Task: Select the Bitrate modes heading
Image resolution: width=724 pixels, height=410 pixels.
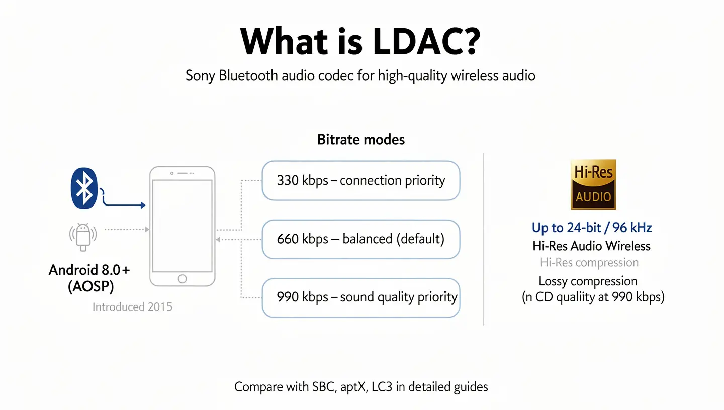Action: point(361,139)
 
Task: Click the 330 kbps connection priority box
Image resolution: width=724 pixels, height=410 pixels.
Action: point(361,181)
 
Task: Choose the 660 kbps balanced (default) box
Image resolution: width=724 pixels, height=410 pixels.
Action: point(361,239)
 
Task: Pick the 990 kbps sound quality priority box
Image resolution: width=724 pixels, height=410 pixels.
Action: point(361,297)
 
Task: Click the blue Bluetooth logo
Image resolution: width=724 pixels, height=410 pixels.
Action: point(83,188)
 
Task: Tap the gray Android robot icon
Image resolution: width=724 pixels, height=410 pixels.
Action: point(83,236)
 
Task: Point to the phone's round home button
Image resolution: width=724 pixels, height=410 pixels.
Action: point(183,279)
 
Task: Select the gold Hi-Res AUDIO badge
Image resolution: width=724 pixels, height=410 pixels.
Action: point(593,184)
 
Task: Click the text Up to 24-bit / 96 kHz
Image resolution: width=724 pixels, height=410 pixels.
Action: point(592,228)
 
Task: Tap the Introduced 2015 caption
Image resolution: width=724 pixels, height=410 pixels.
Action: point(132,307)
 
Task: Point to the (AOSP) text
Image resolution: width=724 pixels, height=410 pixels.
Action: point(90,287)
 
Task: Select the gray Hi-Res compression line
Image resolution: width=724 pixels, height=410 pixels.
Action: point(589,263)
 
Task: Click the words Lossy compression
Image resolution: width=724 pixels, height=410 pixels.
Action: point(588,281)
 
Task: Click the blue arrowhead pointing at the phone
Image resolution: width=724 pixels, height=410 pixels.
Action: point(143,205)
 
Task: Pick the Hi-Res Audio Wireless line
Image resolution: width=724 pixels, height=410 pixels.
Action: point(591,246)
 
